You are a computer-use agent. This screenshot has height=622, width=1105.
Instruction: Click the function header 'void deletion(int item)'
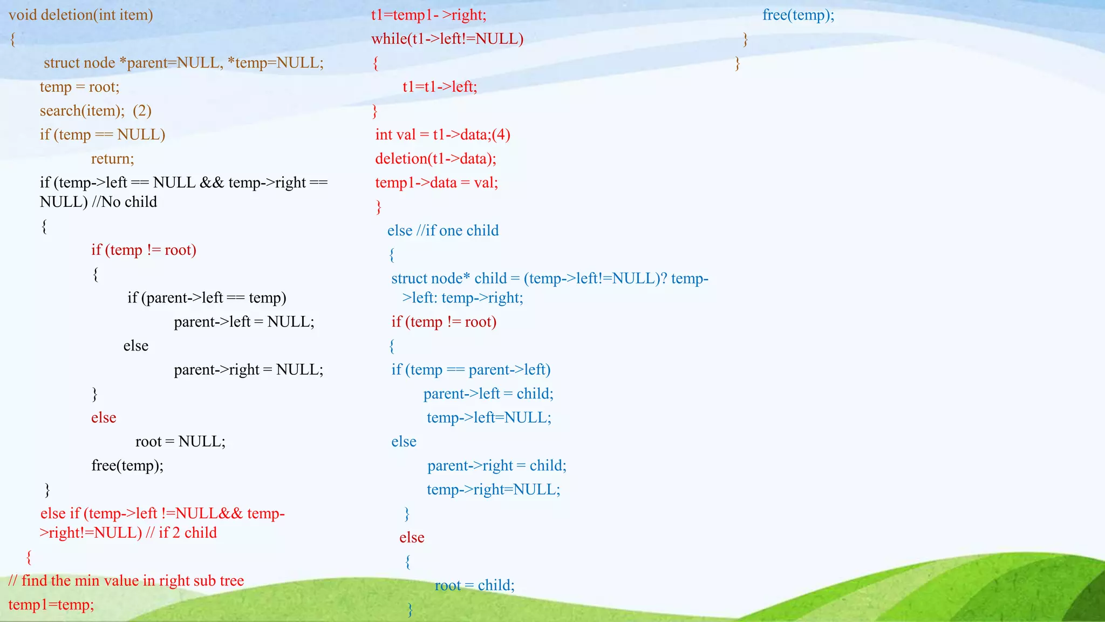pyautogui.click(x=81, y=15)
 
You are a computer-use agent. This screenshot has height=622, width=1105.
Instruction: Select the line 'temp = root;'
pyautogui.click(x=79, y=87)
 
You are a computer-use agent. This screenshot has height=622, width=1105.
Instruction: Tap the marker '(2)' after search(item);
pyautogui.click(x=142, y=111)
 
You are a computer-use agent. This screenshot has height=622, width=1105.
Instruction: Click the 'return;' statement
pyautogui.click(x=112, y=159)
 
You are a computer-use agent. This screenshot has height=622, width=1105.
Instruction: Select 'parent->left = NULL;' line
pyautogui.click(x=244, y=322)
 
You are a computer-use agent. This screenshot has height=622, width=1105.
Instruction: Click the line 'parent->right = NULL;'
pyautogui.click(x=248, y=370)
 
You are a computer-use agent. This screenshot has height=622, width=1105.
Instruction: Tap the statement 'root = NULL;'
pyautogui.click(x=180, y=442)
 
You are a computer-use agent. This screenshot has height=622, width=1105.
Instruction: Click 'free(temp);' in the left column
pyautogui.click(x=127, y=465)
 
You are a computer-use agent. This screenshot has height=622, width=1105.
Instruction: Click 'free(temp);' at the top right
pyautogui.click(x=798, y=15)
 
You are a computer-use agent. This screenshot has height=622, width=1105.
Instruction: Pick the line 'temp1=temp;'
pyautogui.click(x=51, y=605)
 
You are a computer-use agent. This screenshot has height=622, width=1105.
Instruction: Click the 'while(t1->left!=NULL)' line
pyautogui.click(x=447, y=39)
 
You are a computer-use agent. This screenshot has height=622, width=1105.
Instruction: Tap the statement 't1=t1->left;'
pyautogui.click(x=440, y=87)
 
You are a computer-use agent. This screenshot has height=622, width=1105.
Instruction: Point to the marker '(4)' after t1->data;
pyautogui.click(x=501, y=134)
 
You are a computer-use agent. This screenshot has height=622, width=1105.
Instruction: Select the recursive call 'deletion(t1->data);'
pyautogui.click(x=435, y=159)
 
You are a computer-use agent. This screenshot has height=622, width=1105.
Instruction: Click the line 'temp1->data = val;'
pyautogui.click(x=436, y=182)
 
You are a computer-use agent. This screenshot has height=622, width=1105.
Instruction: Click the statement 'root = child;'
pyautogui.click(x=475, y=585)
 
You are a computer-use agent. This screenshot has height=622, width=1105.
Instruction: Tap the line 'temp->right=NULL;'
pyautogui.click(x=493, y=490)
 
